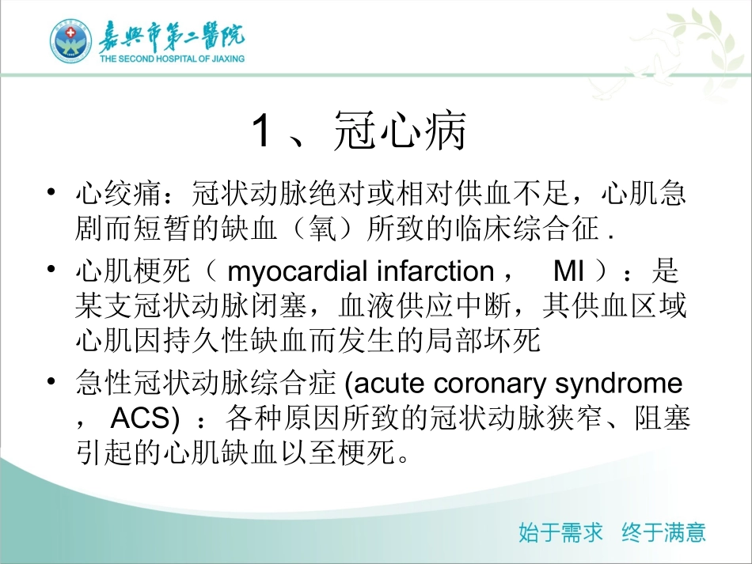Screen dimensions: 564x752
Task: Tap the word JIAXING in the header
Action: (227, 58)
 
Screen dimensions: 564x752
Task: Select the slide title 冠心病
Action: (400, 132)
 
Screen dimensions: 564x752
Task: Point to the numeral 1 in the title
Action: (261, 132)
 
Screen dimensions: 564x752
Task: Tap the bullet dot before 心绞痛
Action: (51, 192)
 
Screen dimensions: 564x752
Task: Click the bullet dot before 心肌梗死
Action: (51, 271)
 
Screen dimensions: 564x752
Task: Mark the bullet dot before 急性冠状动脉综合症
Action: (51, 384)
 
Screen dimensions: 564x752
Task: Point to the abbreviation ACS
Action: (140, 418)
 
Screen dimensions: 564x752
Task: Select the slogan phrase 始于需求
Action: (560, 532)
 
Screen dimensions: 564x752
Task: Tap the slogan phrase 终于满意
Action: (663, 532)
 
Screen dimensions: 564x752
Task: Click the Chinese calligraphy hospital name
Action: (171, 36)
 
